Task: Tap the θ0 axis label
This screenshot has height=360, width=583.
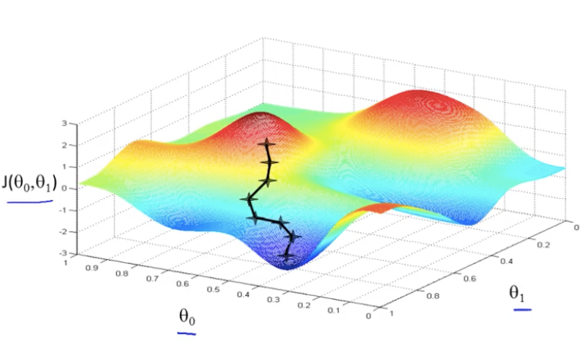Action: click(x=187, y=316)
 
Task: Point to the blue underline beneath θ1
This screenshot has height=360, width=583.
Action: click(x=523, y=310)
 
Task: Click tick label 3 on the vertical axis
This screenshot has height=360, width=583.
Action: click(x=65, y=123)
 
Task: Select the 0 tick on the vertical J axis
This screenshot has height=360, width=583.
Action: click(x=65, y=188)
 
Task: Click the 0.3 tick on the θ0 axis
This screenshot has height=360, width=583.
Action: click(x=274, y=300)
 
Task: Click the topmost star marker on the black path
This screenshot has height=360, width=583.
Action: click(x=266, y=143)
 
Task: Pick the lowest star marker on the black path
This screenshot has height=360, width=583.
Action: click(x=287, y=258)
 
